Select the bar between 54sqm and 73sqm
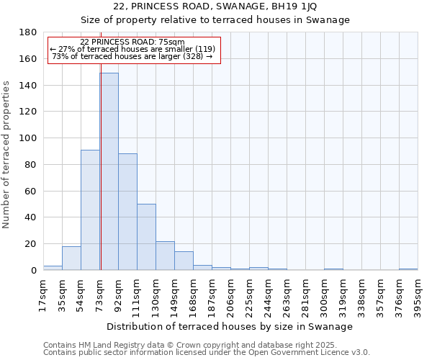click(x=90, y=210)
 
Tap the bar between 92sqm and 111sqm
click(x=127, y=212)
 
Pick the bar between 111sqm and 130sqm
click(x=146, y=237)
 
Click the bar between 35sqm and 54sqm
click(x=71, y=258)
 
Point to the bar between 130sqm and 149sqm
click(x=165, y=256)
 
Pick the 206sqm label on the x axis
click(x=230, y=294)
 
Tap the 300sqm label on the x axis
click(x=324, y=294)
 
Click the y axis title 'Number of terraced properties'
click(x=7, y=154)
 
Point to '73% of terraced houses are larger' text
click(x=132, y=56)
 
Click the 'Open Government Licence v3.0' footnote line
click(x=207, y=353)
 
